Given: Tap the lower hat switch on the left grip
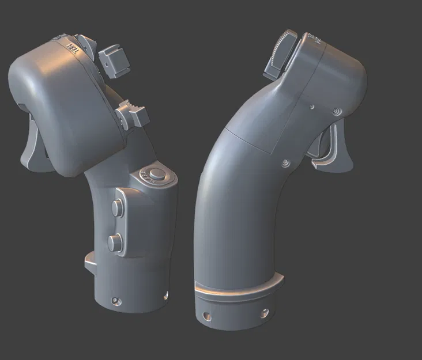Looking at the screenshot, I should point(134,113).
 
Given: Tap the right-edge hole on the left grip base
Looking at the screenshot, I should point(165,295).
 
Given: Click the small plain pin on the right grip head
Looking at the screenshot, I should point(311,107).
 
